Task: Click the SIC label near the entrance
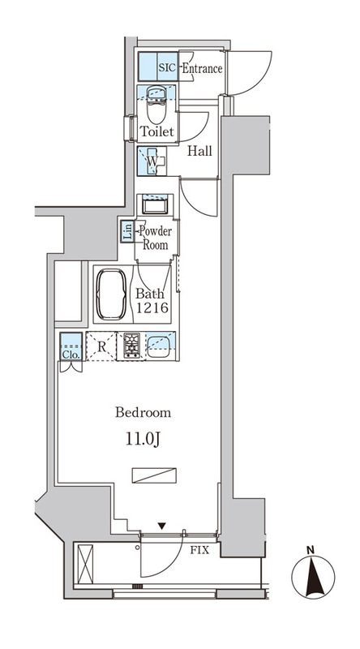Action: point(168,67)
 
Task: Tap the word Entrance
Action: point(203,68)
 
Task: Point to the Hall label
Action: point(199,151)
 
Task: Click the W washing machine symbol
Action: point(152,161)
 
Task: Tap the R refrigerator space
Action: point(101,346)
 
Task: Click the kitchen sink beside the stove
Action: point(158,347)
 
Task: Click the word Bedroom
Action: point(144,413)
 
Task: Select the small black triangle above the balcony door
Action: point(162,526)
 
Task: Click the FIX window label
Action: point(199,551)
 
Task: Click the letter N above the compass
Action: point(310,550)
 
